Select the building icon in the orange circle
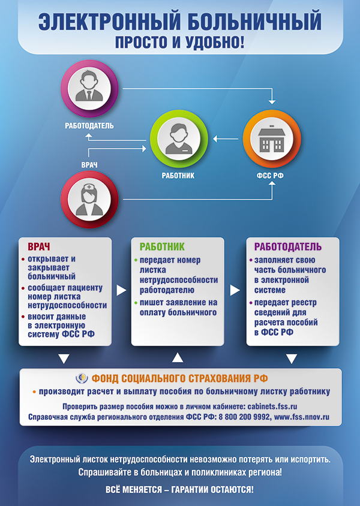(271, 140)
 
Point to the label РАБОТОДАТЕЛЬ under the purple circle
(89, 126)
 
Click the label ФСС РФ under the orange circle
(271, 177)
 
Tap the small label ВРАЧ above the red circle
(89, 164)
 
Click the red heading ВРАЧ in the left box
(39, 247)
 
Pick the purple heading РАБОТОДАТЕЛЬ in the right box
(288, 247)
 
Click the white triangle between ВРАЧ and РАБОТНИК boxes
(121, 290)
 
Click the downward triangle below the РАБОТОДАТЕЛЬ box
(292, 359)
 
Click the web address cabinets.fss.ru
(265, 406)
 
